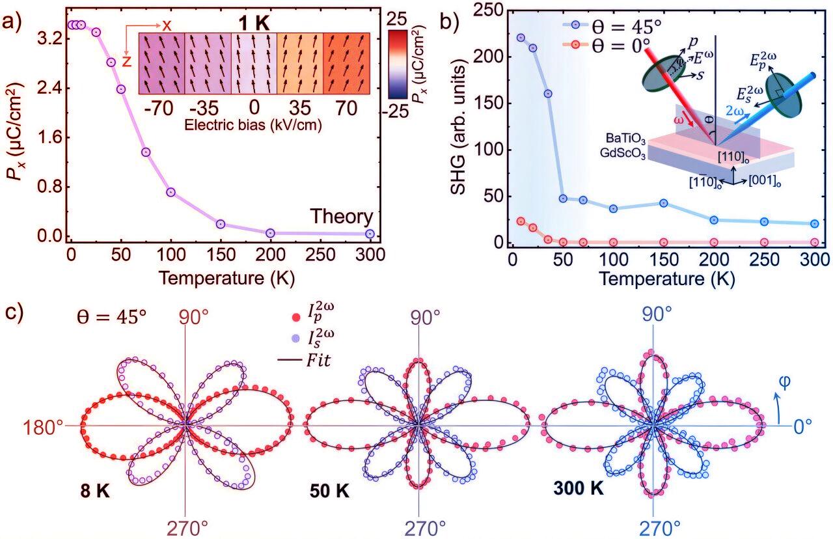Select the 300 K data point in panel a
click(x=370, y=234)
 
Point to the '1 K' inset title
click(x=253, y=25)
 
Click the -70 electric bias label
click(x=161, y=109)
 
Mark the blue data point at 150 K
click(x=664, y=203)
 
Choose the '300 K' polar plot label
click(x=579, y=488)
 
